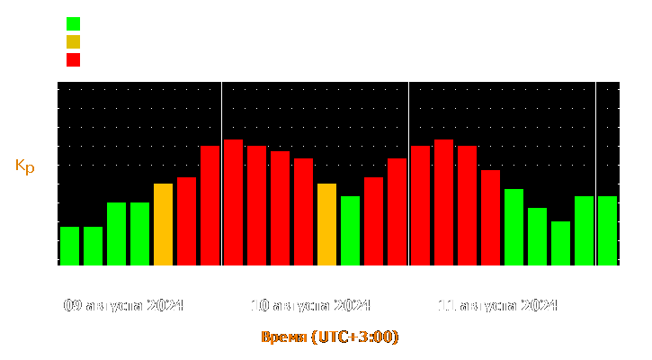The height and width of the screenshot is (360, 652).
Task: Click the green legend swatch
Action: click(x=73, y=23)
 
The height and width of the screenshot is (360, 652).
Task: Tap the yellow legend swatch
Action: click(x=73, y=42)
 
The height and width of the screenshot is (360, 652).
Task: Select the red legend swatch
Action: click(x=73, y=60)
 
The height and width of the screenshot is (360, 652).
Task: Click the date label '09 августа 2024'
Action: click(x=124, y=305)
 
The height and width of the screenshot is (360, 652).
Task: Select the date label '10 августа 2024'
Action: click(x=311, y=305)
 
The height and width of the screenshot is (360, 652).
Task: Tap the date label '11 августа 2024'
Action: click(x=497, y=305)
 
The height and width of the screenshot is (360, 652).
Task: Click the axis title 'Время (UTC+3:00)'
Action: click(x=329, y=337)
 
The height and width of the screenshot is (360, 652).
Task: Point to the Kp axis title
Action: click(x=25, y=166)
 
